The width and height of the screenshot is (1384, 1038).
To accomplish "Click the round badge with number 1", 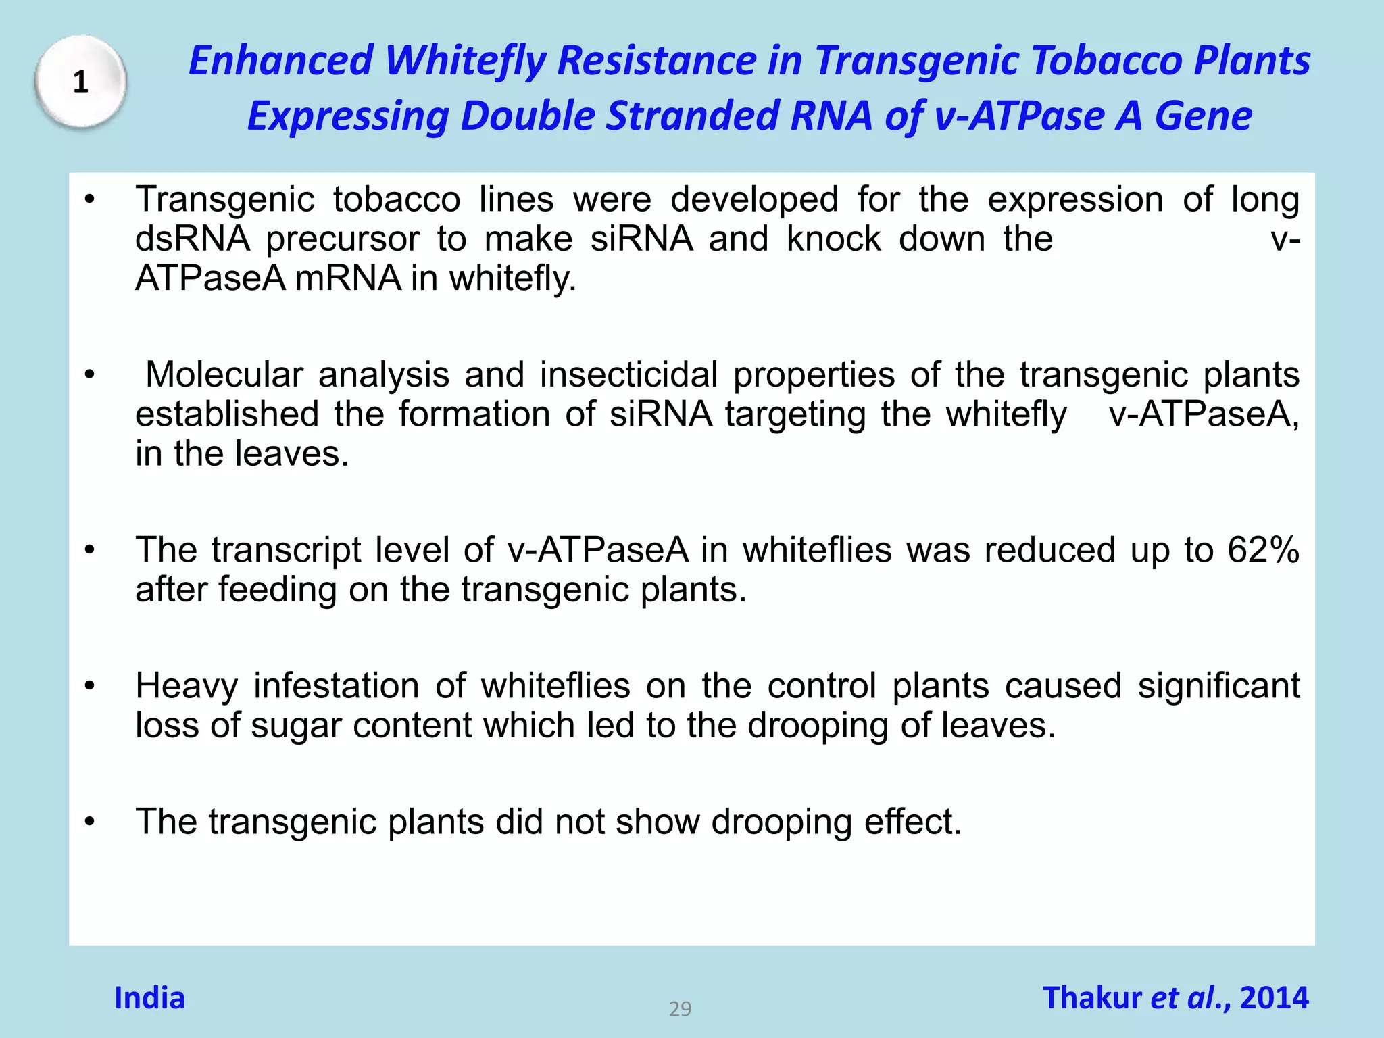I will [x=80, y=82].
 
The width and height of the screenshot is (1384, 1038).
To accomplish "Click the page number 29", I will [x=680, y=1009].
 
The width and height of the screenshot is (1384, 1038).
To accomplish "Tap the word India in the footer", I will [x=149, y=998].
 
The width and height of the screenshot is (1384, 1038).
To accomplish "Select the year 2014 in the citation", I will [x=1274, y=998].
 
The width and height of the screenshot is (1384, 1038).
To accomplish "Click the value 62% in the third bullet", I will [x=1263, y=549].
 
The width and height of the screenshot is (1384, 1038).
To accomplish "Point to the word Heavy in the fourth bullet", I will [x=187, y=686].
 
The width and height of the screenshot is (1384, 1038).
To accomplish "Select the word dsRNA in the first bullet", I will [x=193, y=239].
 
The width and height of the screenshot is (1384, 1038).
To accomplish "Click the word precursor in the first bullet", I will [x=342, y=239].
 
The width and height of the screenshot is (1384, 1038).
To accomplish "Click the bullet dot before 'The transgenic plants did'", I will [x=90, y=822].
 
